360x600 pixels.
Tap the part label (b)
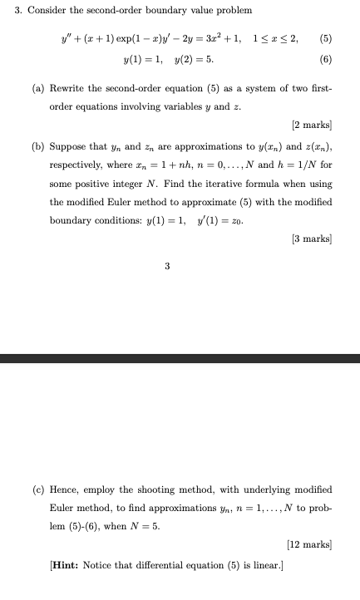[x=39, y=145]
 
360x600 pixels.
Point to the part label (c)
[x=39, y=489]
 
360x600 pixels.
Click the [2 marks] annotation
[x=312, y=125]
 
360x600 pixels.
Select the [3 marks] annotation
[x=312, y=239]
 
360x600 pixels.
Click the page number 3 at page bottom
[x=167, y=267]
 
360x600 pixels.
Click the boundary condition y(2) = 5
[x=196, y=60]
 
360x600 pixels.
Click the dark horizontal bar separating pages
[x=180, y=358]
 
